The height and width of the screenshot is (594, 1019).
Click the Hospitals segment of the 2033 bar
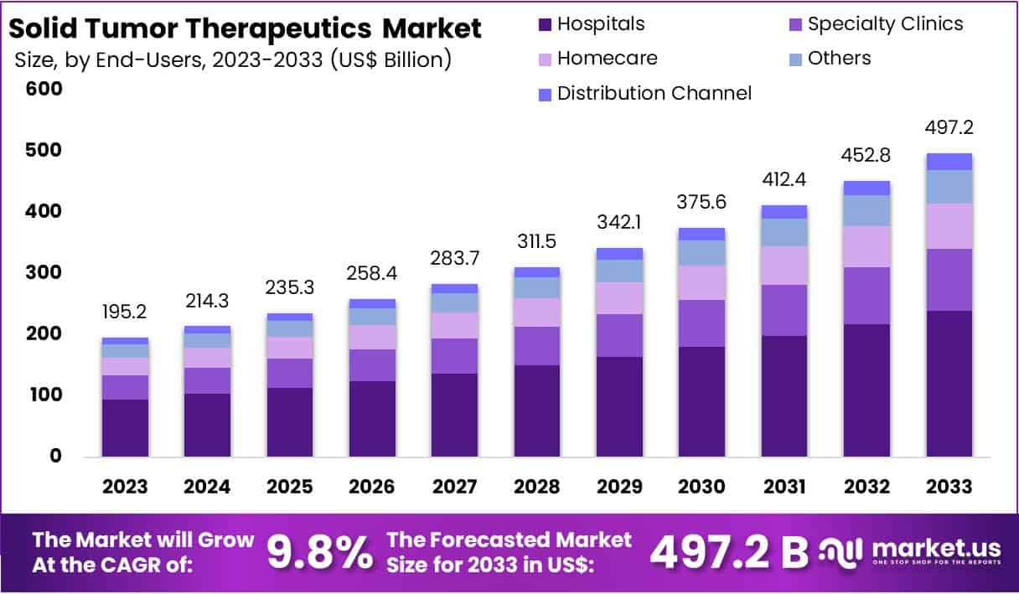[949, 383]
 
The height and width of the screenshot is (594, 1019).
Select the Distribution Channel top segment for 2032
[866, 188]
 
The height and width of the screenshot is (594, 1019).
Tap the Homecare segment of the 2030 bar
[701, 282]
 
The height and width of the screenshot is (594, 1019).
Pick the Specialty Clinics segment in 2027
[454, 356]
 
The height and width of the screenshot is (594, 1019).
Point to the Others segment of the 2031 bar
[784, 232]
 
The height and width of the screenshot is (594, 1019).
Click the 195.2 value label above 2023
[125, 312]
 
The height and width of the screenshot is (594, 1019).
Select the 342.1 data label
[619, 223]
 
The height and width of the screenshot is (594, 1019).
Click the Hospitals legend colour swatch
[545, 24]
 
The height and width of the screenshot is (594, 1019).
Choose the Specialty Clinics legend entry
[885, 24]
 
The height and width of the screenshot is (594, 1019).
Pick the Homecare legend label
[607, 59]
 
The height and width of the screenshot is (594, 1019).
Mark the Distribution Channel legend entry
[654, 93]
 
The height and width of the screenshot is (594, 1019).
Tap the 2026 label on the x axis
[372, 487]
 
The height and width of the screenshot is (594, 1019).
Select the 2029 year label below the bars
[619, 487]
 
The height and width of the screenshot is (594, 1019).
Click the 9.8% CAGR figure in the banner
[319, 552]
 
